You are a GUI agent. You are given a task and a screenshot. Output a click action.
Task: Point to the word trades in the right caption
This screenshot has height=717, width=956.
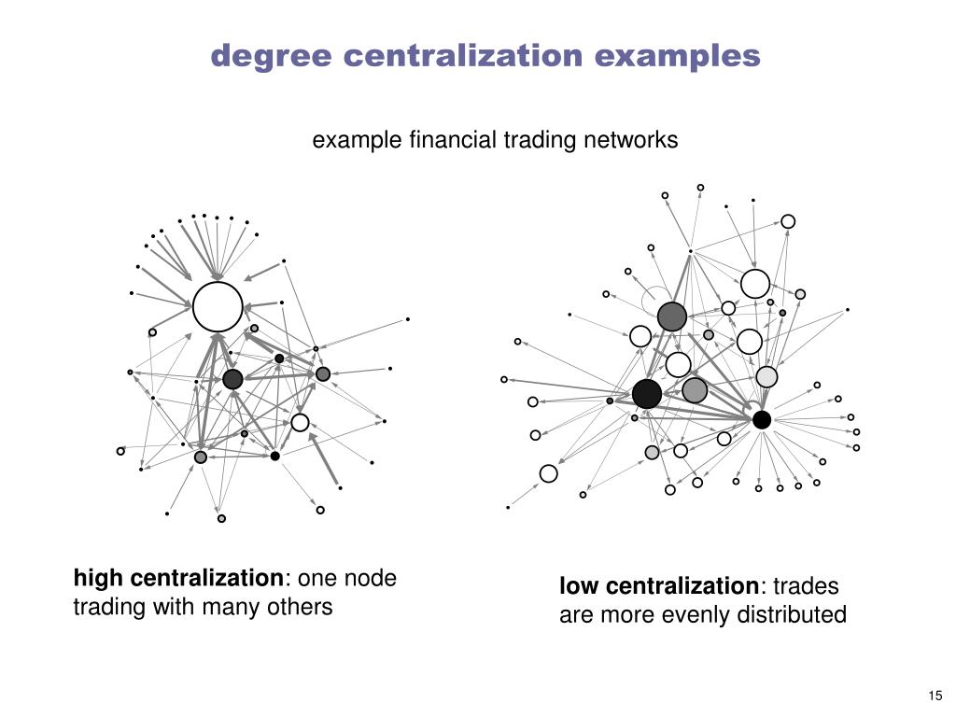coord(807,587)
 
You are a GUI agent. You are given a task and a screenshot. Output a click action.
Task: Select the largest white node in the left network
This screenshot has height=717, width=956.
coord(218,306)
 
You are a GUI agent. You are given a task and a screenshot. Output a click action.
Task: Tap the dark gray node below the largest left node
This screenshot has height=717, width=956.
coord(232,379)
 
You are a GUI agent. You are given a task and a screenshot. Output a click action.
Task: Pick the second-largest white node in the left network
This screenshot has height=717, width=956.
coord(300,423)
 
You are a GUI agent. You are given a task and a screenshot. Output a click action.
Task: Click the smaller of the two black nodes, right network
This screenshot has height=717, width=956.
coord(762,420)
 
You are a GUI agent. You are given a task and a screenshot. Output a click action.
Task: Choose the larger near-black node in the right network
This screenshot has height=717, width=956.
coord(647,394)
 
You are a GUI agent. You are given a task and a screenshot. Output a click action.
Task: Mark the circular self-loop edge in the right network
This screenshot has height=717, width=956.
coord(654,299)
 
